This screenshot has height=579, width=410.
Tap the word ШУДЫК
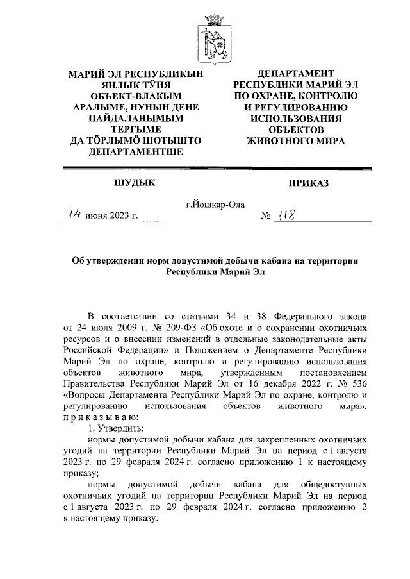pos(134,183)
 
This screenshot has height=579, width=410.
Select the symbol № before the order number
pos(264,219)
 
